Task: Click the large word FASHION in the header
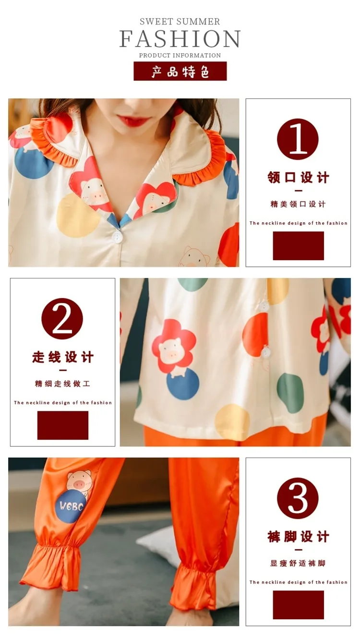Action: [x=180, y=38]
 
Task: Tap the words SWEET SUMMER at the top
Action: [x=180, y=22]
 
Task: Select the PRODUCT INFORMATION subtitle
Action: [x=180, y=55]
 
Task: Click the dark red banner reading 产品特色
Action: [x=180, y=71]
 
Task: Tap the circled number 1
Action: [x=298, y=139]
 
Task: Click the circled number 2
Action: [x=62, y=319]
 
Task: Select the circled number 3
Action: [x=298, y=498]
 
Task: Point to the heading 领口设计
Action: [x=298, y=177]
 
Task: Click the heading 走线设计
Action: [x=63, y=357]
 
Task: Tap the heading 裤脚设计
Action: [x=298, y=536]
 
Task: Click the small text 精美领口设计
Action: [x=298, y=204]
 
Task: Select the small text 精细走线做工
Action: [x=62, y=384]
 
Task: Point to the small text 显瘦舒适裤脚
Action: [x=298, y=563]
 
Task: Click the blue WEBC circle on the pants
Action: [x=72, y=506]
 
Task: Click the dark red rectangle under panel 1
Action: [x=298, y=245]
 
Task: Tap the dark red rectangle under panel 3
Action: [x=298, y=605]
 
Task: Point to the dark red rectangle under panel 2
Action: [x=63, y=425]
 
